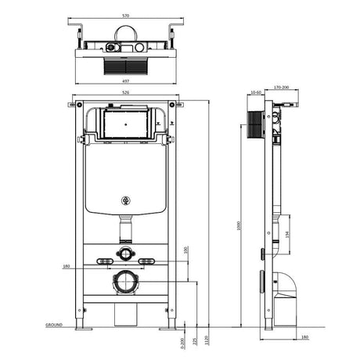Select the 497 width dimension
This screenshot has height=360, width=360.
[125, 80]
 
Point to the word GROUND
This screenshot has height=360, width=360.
[54, 323]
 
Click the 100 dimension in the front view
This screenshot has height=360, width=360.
[185, 250]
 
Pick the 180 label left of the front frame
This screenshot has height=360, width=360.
[67, 267]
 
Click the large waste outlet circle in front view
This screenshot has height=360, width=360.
[125, 282]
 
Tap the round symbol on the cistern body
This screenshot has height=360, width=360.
[124, 200]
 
